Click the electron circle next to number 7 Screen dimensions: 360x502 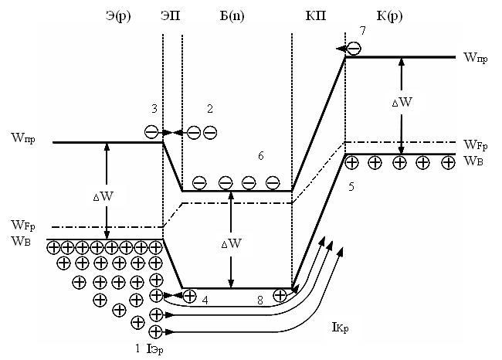353,48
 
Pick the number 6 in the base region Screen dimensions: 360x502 260,157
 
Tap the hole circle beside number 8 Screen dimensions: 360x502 280,294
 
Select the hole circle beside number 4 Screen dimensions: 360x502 188,295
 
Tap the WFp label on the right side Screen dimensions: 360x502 476,144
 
